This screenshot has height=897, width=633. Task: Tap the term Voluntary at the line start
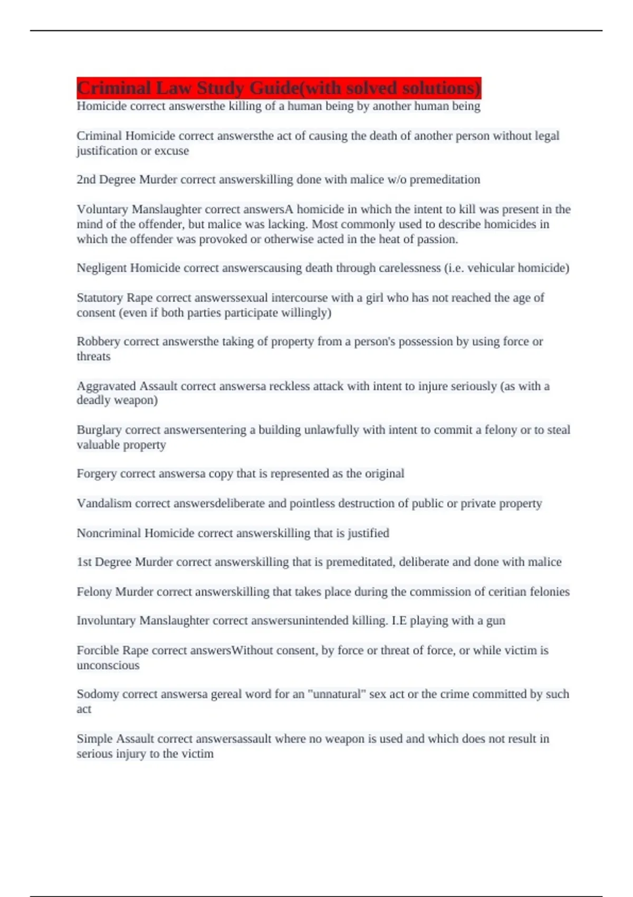(102, 209)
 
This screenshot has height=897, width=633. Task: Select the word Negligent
(101, 268)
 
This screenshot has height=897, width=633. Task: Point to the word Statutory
(100, 298)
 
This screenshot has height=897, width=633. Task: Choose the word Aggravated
(106, 386)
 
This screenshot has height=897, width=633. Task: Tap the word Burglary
(99, 430)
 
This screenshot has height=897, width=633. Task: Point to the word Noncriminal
(108, 533)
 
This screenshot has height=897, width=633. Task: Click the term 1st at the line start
(83, 562)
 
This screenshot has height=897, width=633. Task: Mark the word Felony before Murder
(94, 592)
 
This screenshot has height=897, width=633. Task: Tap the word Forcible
(98, 651)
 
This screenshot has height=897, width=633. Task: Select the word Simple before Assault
(94, 739)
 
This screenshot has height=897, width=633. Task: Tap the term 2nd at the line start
(86, 180)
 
